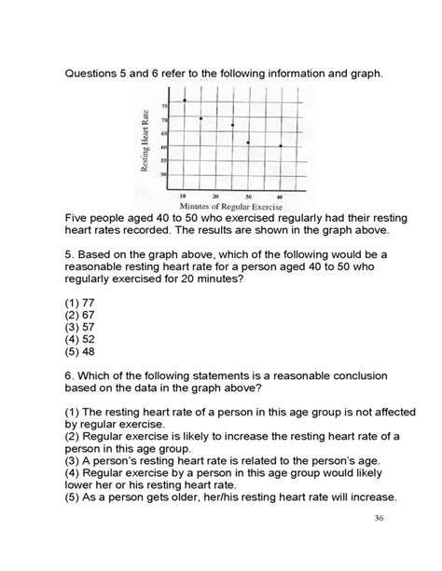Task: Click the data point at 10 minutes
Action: (185, 101)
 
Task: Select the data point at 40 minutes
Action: (281, 146)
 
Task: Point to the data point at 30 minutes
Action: (248, 143)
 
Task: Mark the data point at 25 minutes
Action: (232, 126)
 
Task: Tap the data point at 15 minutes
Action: (200, 118)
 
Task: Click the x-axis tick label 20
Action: (215, 197)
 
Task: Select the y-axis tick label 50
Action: (165, 174)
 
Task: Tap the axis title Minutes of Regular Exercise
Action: (232, 206)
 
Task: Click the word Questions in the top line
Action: (95, 72)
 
